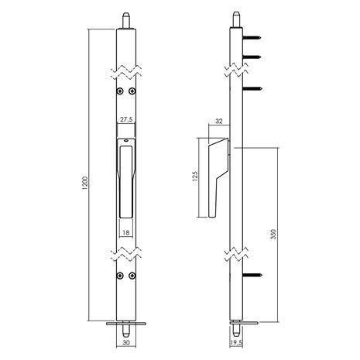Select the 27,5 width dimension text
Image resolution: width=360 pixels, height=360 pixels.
pyautogui.click(x=126, y=121)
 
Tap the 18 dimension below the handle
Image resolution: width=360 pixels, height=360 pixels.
pyautogui.click(x=126, y=231)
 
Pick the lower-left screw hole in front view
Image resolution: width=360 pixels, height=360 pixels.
pyautogui.click(x=119, y=274)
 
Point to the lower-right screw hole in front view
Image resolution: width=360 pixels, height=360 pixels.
pyautogui.click(x=133, y=274)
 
